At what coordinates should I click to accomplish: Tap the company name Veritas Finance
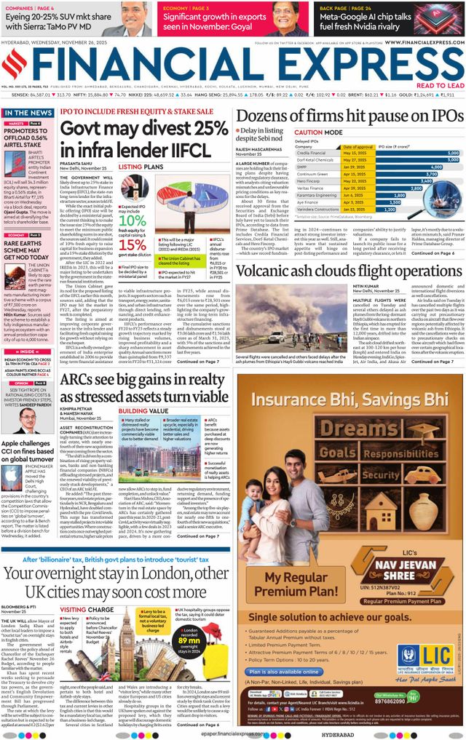[x=312, y=188]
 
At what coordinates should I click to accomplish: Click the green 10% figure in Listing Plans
[x=131, y=200]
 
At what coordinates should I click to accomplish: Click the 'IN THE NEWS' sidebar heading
[x=28, y=114]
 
